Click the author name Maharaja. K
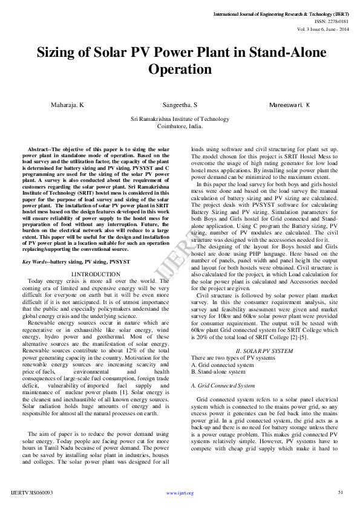coord(67,105)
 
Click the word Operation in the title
coord(180,69)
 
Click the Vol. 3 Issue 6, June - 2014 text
coord(322,28)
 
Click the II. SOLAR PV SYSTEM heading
coord(264,351)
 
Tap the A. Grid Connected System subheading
coord(222,385)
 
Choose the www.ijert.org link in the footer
coord(180,493)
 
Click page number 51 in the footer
coord(341,492)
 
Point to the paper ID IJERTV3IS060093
coord(32,493)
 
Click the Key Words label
coord(36,261)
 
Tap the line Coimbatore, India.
coord(180,127)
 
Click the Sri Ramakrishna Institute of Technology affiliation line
coord(180,120)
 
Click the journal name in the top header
coord(281,13)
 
